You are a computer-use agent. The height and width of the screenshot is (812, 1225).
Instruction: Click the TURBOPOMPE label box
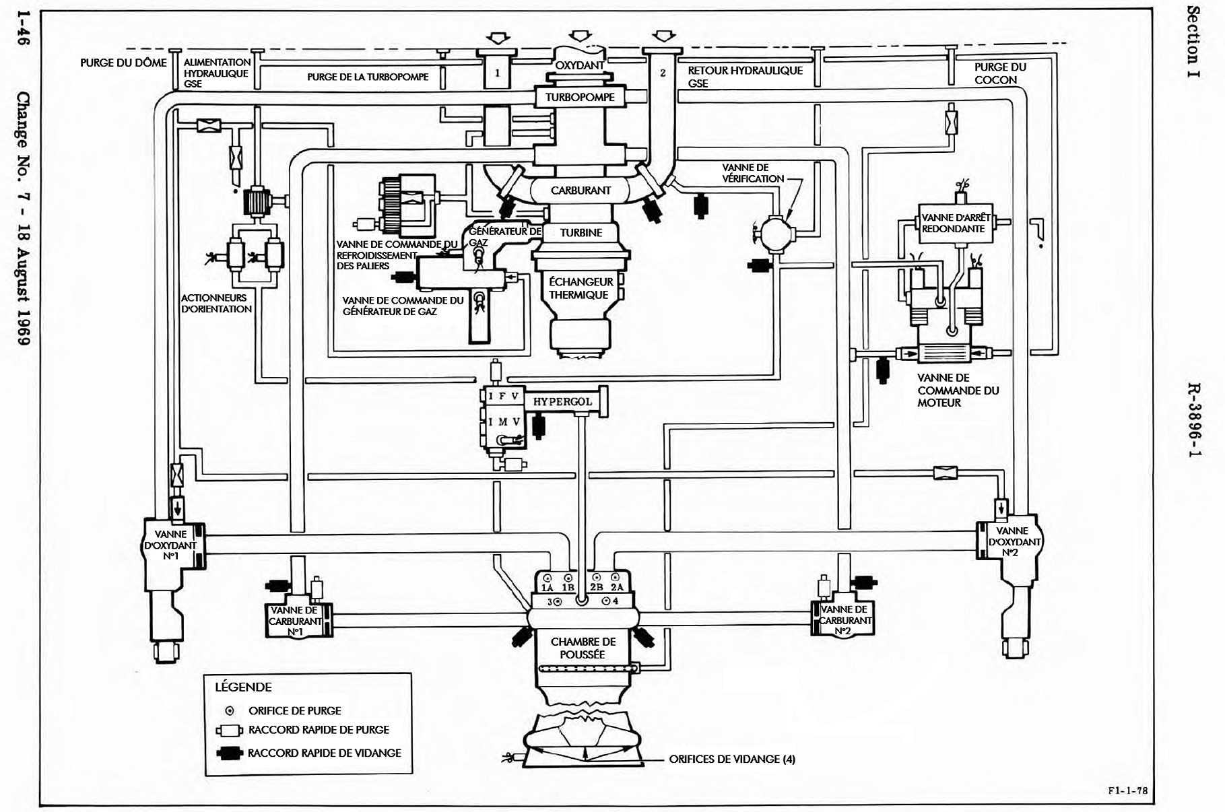(580, 97)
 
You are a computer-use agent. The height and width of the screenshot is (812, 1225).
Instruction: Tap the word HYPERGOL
(562, 402)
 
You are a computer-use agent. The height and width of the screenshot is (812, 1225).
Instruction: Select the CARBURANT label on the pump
(581, 191)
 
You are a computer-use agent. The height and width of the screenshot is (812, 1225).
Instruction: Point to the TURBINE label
(581, 233)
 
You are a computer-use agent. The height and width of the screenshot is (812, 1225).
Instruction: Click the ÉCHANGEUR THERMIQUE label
(581, 288)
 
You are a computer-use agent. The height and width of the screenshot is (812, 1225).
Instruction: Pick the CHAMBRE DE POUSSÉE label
(583, 648)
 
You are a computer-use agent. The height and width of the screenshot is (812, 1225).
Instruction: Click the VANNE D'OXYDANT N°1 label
(170, 545)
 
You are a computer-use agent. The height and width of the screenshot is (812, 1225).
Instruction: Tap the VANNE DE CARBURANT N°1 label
(294, 621)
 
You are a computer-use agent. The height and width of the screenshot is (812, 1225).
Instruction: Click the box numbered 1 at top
(497, 73)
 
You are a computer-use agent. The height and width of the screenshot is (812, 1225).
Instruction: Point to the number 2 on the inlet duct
(663, 73)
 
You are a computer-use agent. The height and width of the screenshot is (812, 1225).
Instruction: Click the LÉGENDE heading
(243, 687)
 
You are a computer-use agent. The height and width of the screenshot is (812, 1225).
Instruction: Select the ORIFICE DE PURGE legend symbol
(230, 711)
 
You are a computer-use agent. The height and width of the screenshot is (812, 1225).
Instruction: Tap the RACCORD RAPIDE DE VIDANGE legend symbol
(229, 753)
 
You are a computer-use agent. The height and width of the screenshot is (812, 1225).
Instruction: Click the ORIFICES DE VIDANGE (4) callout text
(732, 759)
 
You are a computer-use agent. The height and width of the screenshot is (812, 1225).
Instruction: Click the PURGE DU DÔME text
(123, 63)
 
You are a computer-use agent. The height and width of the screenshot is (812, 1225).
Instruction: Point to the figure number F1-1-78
(1128, 790)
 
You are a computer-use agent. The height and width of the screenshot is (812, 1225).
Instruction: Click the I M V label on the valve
(504, 422)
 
